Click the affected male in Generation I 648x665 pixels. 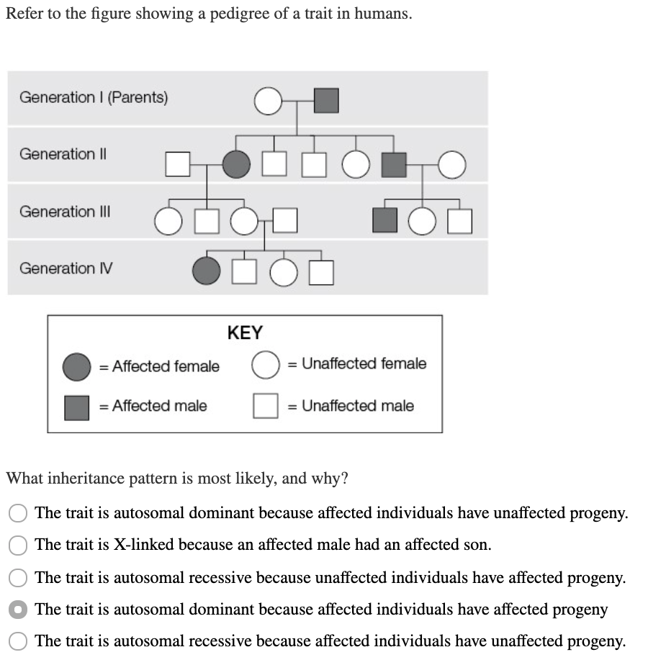(327, 101)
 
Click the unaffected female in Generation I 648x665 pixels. (267, 101)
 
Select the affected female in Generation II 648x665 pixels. (235, 164)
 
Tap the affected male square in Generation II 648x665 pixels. (393, 164)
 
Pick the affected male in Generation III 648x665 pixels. (384, 220)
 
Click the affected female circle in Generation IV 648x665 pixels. (206, 271)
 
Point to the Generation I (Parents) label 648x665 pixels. (94, 97)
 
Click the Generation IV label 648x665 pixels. (66, 268)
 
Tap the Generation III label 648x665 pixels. (65, 212)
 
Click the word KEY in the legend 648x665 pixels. (245, 332)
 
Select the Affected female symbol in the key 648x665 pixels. (77, 366)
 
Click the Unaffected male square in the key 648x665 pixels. (265, 406)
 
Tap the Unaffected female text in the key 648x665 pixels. (364, 363)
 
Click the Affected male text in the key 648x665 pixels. (159, 406)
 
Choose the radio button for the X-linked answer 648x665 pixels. (19, 546)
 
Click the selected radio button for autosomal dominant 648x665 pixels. (19, 610)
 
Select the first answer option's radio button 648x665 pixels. (19, 513)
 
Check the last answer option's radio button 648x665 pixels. (19, 641)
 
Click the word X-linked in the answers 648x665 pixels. (143, 545)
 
